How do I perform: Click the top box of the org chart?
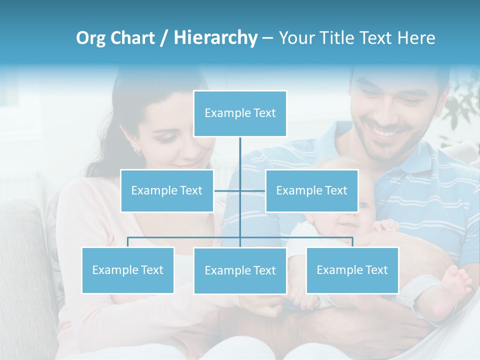click(240, 113)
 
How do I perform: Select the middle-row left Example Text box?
click(167, 190)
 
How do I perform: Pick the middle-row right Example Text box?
click(311, 190)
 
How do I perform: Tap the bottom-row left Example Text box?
click(128, 270)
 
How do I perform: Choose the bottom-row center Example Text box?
click(240, 270)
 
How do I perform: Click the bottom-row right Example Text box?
click(352, 270)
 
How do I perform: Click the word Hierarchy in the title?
click(215, 38)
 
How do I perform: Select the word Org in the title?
click(90, 38)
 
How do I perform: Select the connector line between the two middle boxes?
click(240, 190)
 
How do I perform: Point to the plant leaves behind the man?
click(462, 110)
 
